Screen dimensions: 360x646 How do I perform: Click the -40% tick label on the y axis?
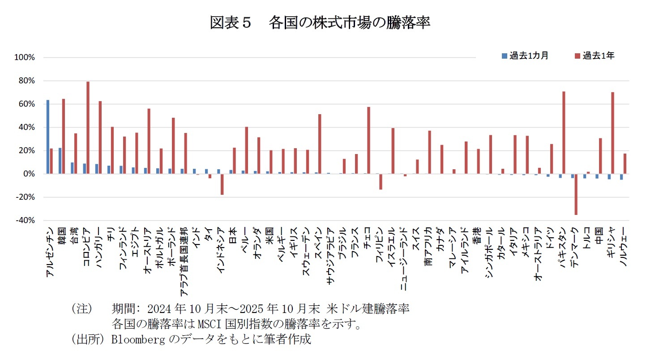coord(26,220)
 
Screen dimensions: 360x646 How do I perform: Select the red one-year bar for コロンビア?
coord(88,128)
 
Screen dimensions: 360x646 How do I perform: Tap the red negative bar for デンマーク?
coord(576,194)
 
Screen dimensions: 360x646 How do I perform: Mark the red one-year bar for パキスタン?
coord(564,133)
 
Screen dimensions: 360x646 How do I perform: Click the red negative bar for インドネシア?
coord(222,184)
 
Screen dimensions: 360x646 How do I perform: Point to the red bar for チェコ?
coord(368,140)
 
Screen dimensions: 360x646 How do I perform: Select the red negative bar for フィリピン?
coord(381,181)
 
